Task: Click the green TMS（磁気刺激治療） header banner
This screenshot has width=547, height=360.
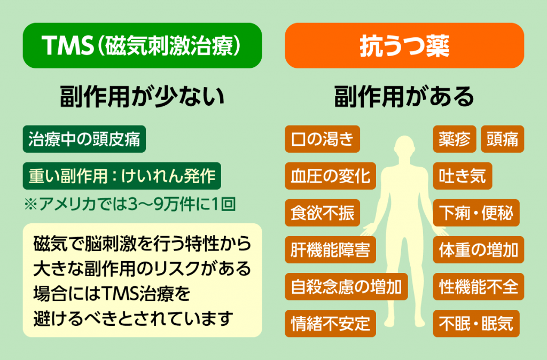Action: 142,46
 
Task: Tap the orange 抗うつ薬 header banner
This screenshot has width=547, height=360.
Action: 404,46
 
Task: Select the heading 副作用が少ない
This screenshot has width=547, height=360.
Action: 142,97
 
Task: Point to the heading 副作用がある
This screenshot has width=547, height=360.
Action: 404,97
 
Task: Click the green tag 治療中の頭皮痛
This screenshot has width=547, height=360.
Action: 84,139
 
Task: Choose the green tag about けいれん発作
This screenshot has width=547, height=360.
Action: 122,176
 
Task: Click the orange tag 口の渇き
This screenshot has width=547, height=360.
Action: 322,139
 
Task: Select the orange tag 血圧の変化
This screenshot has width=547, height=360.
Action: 330,176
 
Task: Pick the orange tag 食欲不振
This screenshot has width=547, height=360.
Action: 322,213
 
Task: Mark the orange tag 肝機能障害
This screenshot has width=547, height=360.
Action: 330,250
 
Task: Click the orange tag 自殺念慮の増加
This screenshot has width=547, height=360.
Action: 346,287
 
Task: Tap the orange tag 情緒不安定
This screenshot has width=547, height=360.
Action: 330,323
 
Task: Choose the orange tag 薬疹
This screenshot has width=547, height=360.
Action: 455,139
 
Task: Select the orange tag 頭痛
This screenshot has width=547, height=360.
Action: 502,139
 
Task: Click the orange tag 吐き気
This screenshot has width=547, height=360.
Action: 463,176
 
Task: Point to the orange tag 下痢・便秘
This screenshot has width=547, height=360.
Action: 476,213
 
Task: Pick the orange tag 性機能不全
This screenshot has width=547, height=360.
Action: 479,287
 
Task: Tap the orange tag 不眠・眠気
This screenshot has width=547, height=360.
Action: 476,323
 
